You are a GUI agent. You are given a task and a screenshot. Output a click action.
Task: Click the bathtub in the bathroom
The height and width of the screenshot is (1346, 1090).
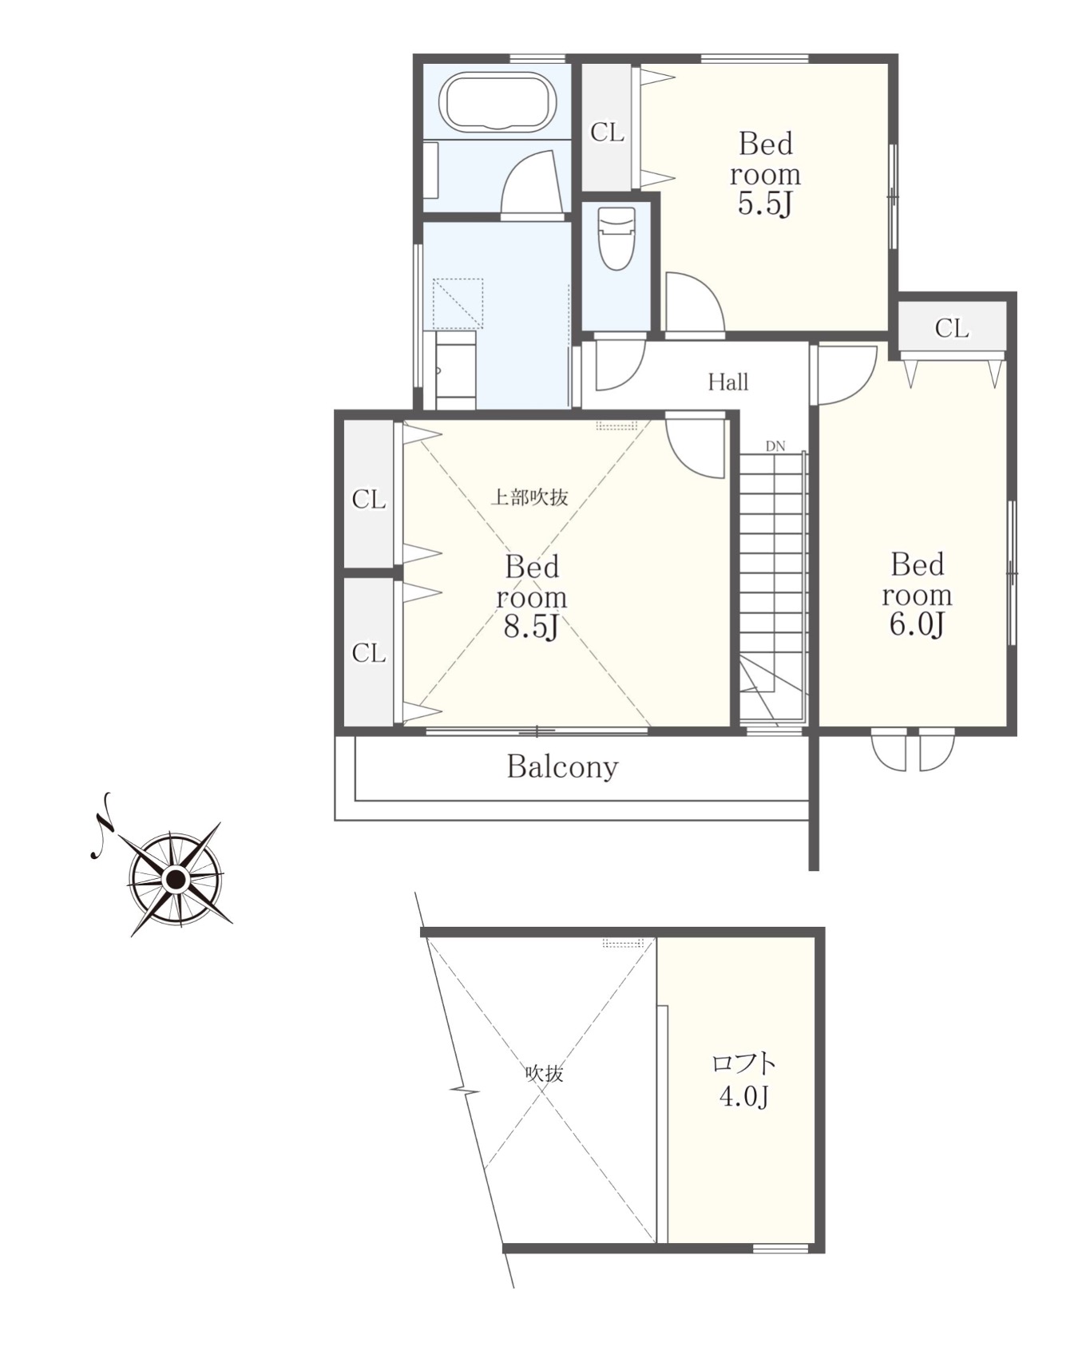[499, 102]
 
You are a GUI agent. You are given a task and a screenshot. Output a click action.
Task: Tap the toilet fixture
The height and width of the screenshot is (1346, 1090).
[616, 237]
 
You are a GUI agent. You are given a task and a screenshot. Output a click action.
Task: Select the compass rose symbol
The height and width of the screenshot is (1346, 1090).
[175, 879]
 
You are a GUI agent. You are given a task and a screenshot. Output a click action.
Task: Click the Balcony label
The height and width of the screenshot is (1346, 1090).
[562, 767]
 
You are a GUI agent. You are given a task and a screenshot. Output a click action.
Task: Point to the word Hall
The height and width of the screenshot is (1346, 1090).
[728, 382]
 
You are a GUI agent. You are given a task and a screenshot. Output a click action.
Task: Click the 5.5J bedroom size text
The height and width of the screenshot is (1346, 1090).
[764, 204]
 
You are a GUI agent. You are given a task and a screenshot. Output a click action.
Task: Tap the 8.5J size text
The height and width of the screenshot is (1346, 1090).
[531, 627]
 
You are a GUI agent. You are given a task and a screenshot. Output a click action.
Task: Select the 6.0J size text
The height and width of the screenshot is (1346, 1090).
[917, 624]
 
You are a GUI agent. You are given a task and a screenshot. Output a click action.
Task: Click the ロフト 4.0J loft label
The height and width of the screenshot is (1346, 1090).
[743, 1080]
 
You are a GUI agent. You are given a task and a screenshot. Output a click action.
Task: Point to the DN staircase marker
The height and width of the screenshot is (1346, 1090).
[775, 446]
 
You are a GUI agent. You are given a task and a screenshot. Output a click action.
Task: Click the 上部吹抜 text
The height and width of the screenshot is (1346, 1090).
[529, 497]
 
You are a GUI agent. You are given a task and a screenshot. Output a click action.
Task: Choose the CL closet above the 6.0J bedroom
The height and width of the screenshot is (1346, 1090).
[951, 328]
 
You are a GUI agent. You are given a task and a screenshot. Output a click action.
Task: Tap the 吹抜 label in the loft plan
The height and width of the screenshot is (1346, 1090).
[544, 1074]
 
